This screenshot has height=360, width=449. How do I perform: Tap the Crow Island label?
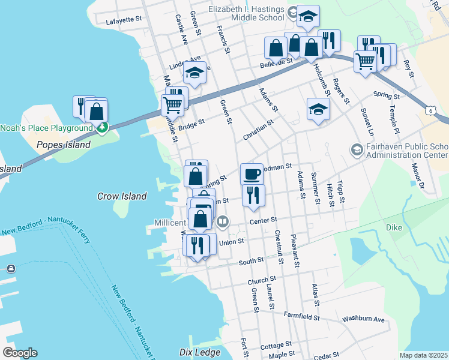tap(122, 196)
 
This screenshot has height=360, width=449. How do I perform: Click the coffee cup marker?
tap(252, 175)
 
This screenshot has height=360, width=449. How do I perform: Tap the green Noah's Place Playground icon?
tap(103, 127)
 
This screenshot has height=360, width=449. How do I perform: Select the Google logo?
tap(20, 352)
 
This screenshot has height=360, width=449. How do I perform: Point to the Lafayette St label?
tap(123, 19)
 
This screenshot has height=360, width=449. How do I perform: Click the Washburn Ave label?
tap(363, 319)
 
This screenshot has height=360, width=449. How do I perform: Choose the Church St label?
tap(262, 280)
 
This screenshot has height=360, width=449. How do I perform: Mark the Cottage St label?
tap(276, 346)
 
